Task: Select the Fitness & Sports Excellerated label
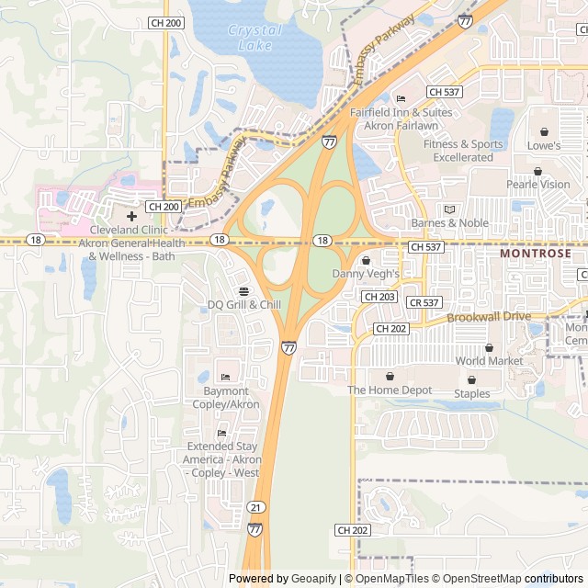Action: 463,151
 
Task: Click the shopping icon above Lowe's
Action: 544,131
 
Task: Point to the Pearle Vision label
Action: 538,184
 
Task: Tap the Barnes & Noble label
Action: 449,222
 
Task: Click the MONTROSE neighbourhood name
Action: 536,253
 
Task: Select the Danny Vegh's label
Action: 366,273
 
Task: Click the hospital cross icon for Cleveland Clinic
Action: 132,216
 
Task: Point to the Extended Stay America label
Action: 221,459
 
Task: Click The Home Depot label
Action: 390,390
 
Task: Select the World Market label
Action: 489,361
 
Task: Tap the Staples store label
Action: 471,393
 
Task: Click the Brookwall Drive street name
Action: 489,317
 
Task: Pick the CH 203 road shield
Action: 379,297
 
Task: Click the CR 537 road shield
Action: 424,302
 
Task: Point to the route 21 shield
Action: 255,507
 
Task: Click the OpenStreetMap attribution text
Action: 478,579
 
